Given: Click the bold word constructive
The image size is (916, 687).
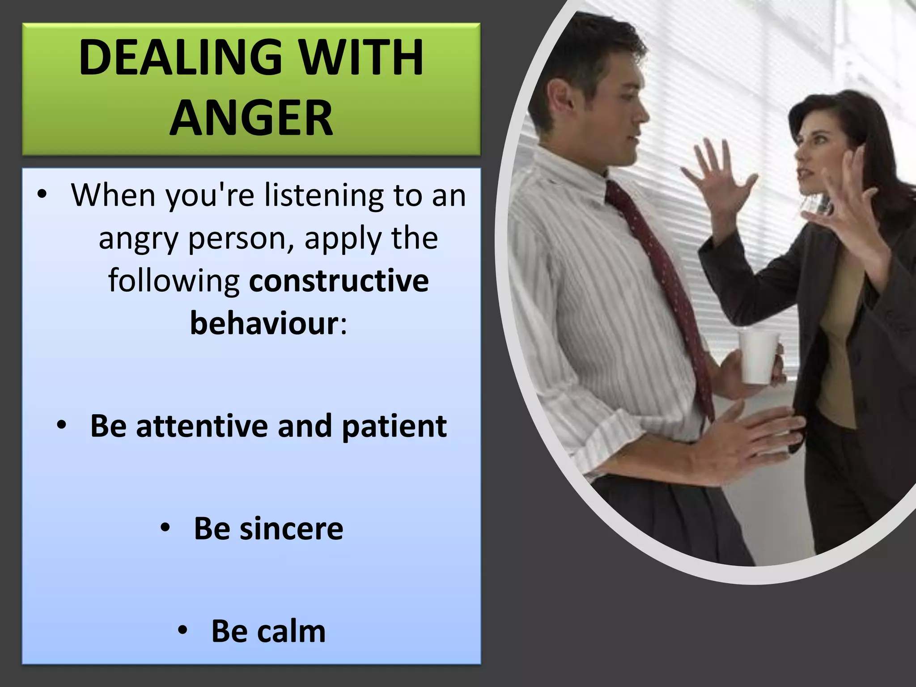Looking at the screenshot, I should point(339,281).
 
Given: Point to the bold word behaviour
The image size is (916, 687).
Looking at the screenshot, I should point(264,323).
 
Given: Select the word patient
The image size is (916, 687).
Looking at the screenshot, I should point(394,426).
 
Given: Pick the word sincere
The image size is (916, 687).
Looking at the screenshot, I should point(291,529).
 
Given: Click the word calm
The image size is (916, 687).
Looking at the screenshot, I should point(291,632).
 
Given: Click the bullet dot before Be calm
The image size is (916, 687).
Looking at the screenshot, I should point(182,631).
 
